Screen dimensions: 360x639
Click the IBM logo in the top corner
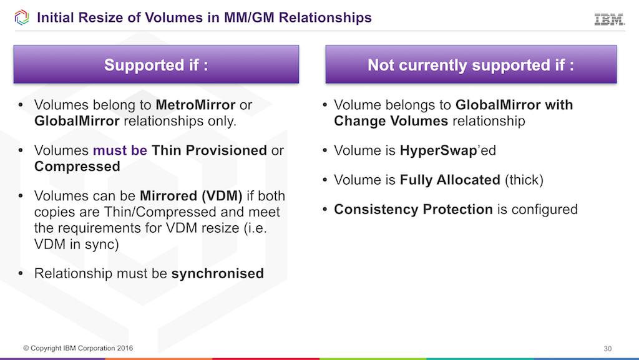(x=609, y=19)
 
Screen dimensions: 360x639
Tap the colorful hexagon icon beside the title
(x=21, y=17)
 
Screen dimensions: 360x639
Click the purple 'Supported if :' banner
(x=156, y=66)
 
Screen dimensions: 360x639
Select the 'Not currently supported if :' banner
(x=471, y=66)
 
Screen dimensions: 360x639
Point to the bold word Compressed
(x=77, y=167)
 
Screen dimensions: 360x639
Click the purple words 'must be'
(x=120, y=150)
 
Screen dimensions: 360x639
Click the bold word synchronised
(x=217, y=273)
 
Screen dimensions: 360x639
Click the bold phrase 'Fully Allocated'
(x=449, y=180)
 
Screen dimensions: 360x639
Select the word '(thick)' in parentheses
(x=524, y=180)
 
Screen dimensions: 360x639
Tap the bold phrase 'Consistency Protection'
(x=413, y=209)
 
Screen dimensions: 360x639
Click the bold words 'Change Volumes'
(x=391, y=120)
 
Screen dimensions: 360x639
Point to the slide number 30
(x=608, y=348)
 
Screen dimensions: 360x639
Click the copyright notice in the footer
(x=78, y=348)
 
